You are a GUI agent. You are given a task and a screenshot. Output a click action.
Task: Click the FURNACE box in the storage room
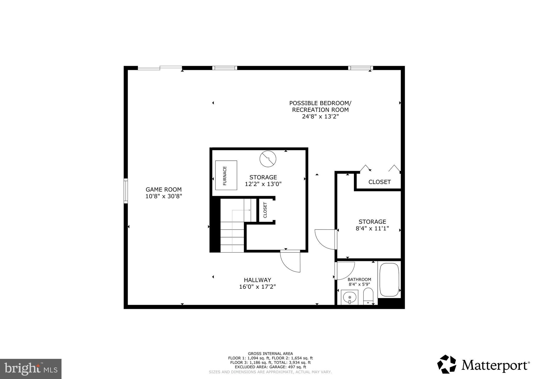pos(226,175)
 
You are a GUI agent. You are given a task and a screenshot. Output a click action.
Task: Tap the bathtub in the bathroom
pos(389,280)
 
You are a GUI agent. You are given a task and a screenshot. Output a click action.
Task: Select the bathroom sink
pos(349,298)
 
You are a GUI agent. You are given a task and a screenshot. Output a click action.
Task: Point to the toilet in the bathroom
pos(368,296)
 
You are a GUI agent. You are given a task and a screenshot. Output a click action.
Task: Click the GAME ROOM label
pos(164,189)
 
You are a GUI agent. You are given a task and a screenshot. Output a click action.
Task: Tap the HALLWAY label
pos(258,280)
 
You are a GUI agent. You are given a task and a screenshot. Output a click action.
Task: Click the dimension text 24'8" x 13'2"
pos(320,117)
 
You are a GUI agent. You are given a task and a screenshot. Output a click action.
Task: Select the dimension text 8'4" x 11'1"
pos(372,228)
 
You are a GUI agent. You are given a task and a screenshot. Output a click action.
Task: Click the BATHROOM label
pos(359,280)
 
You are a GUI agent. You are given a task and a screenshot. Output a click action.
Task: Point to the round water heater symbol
pos(268,159)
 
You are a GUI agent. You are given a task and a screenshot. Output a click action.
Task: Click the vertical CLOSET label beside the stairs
pos(265,210)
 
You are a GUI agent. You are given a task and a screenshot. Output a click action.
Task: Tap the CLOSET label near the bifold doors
pos(379,182)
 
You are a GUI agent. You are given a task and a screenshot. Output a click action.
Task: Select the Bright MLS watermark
pos(31,369)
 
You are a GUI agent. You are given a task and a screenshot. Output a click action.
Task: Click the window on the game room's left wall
pos(126,191)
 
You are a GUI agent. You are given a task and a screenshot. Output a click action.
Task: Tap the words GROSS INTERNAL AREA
pos(270,354)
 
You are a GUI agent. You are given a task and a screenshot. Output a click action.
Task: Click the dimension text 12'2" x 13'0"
pos(263,184)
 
